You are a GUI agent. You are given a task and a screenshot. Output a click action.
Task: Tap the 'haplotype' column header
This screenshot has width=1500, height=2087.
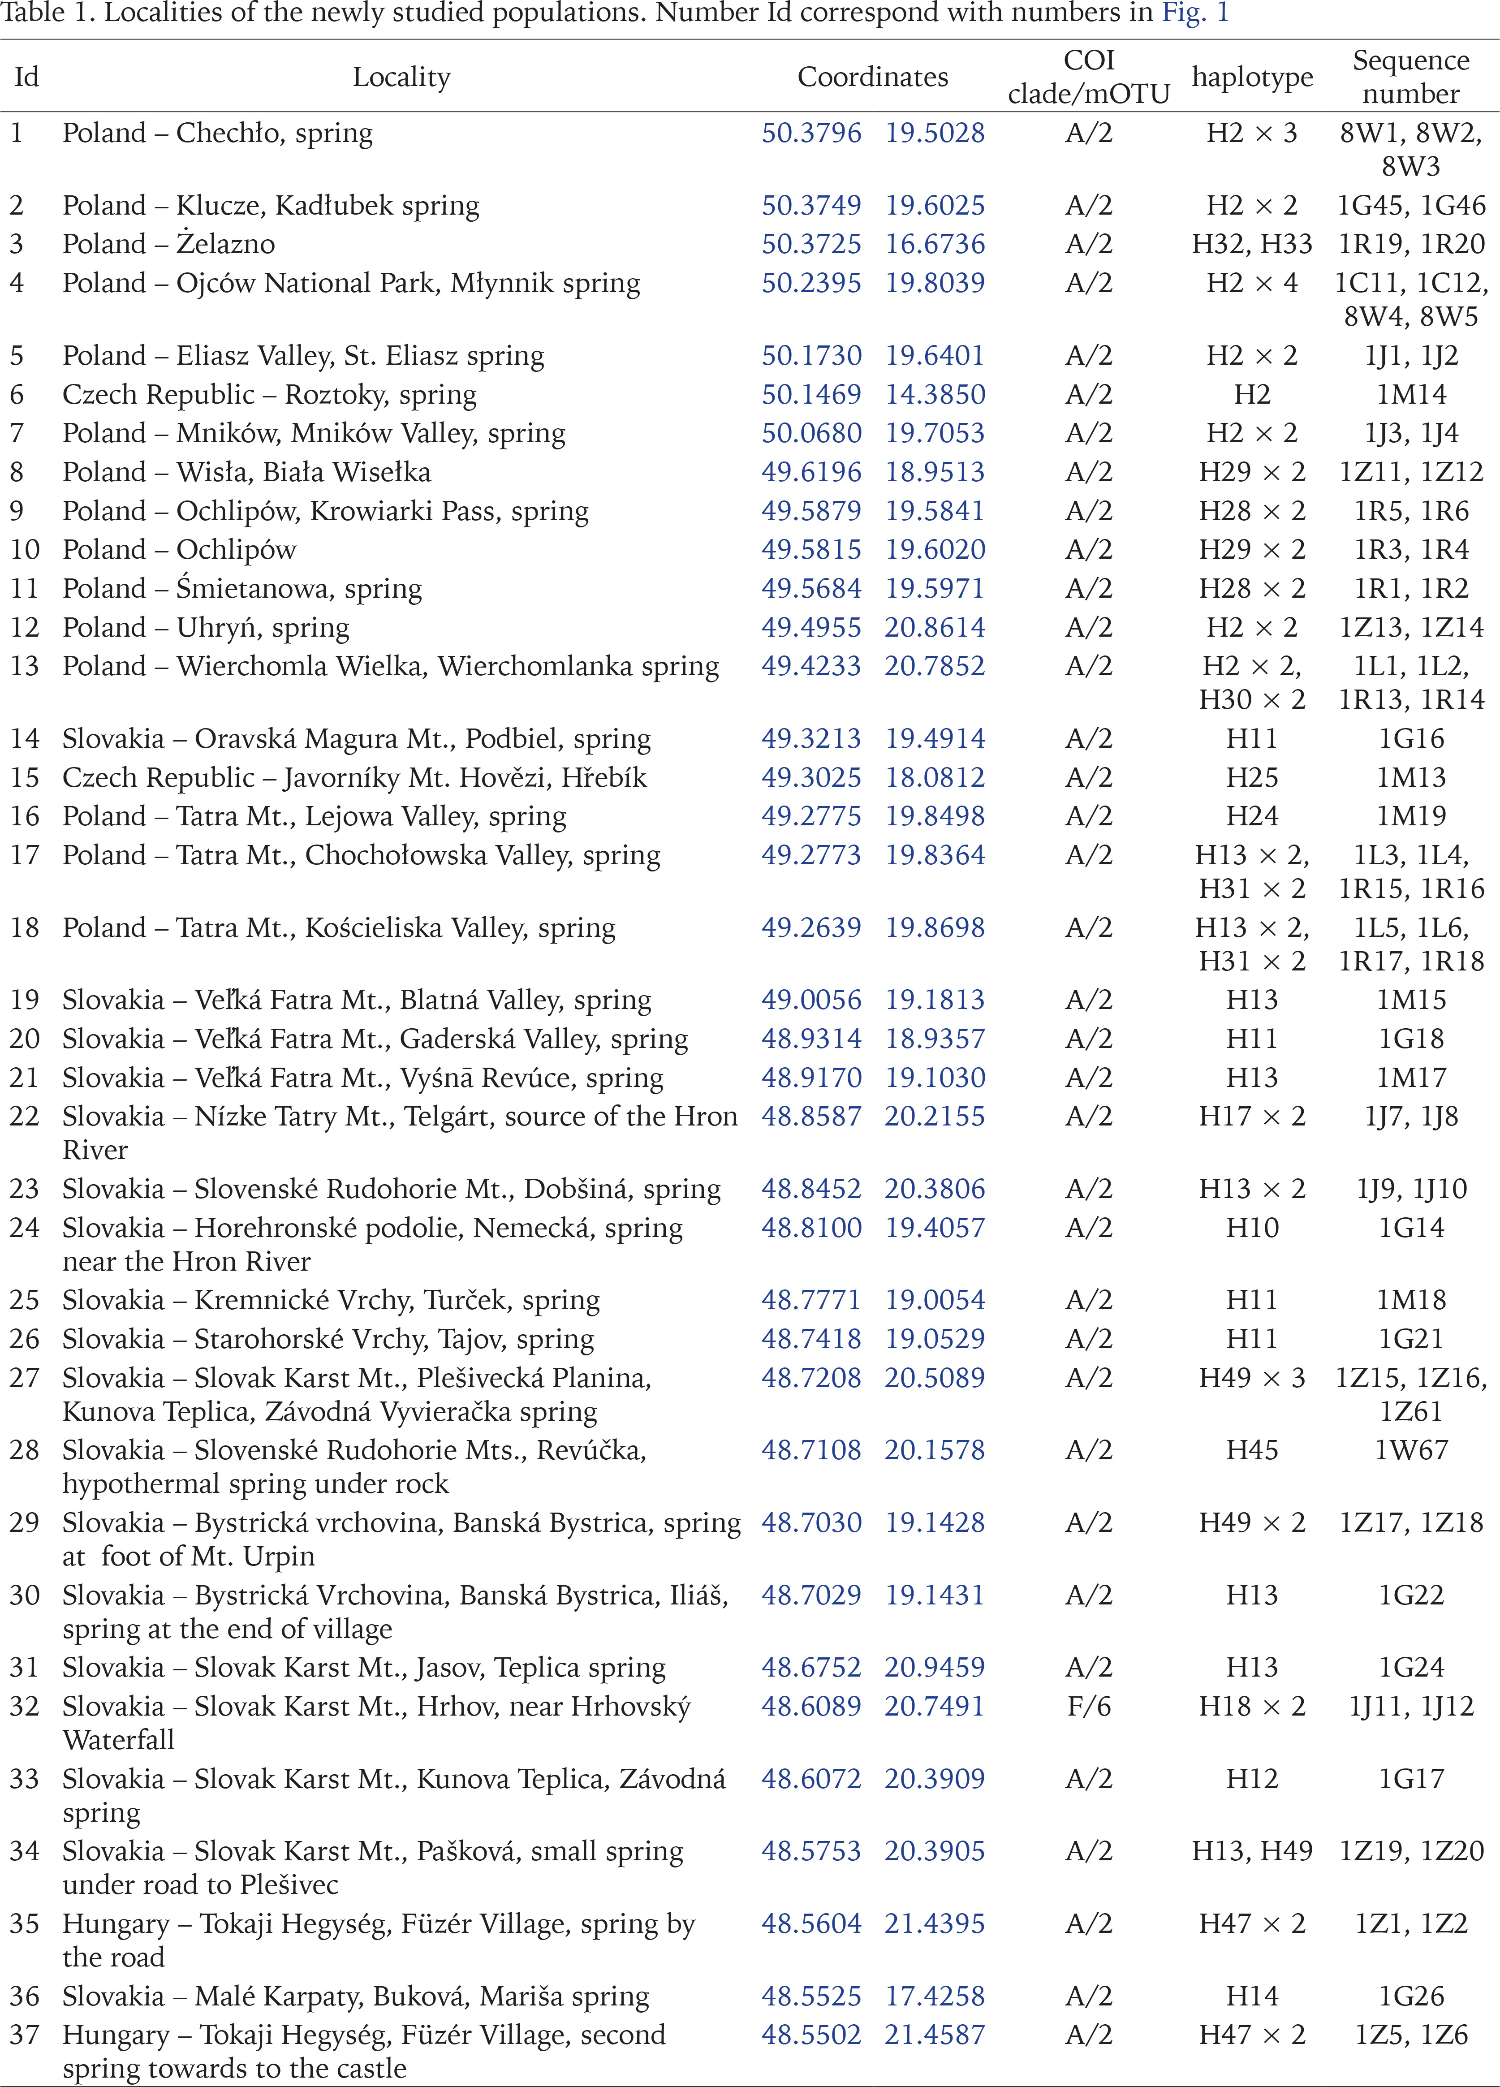click(x=1252, y=78)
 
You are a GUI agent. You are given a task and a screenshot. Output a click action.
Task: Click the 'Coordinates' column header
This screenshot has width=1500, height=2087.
click(x=872, y=78)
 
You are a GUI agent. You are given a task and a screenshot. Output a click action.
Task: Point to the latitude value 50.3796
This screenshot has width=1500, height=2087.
click(x=811, y=134)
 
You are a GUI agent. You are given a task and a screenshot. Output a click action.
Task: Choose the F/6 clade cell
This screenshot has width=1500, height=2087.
click(x=1089, y=1707)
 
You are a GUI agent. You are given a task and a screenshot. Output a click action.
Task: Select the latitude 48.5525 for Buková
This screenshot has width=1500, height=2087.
click(x=811, y=1997)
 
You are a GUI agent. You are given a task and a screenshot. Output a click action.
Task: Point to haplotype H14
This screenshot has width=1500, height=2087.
click(x=1252, y=1997)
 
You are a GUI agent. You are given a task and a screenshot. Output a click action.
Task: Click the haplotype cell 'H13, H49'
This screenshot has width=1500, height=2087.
click(x=1252, y=1851)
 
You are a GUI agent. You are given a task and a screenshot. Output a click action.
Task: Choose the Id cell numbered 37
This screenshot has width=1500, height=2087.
click(x=25, y=2035)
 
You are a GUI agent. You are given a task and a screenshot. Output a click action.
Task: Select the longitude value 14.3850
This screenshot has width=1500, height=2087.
click(x=935, y=395)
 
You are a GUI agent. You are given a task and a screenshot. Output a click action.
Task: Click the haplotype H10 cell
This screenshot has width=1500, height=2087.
click(x=1252, y=1229)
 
